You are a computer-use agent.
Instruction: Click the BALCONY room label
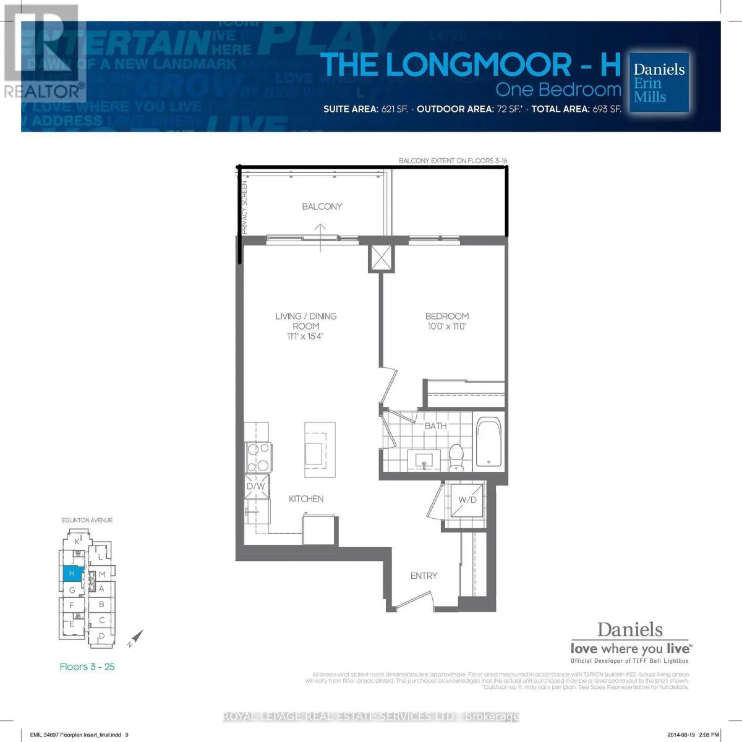(322, 207)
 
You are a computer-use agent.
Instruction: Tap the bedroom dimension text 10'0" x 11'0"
(446, 326)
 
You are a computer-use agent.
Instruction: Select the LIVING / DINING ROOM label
(306, 321)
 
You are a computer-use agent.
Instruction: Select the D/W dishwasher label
(255, 487)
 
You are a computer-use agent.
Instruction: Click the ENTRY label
(424, 576)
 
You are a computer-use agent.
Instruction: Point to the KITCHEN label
(306, 499)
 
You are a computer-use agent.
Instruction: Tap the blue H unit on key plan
(72, 574)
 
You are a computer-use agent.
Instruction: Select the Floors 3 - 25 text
(87, 667)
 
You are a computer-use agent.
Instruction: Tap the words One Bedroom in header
(558, 90)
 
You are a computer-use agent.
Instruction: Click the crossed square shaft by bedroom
(381, 257)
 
